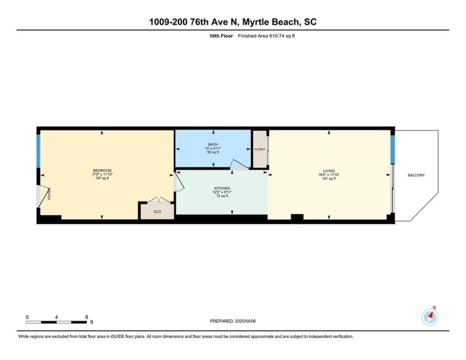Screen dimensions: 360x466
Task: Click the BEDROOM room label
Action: pos(102,170)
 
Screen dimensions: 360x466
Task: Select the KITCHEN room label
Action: pos(222,189)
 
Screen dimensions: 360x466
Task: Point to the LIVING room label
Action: pos(329,170)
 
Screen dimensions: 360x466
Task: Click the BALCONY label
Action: pos(416,175)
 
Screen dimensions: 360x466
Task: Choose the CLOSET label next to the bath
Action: pos(260,149)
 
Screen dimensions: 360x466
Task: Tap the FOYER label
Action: pos(49,194)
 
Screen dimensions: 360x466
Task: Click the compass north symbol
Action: pos(430,317)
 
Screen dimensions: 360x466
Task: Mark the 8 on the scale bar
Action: pos(87,317)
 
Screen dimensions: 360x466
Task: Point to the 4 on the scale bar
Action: pos(57,317)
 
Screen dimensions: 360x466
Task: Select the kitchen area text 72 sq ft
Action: pos(222,196)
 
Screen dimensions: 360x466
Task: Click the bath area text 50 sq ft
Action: pos(214,153)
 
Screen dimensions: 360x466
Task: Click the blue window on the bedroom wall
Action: pos(39,150)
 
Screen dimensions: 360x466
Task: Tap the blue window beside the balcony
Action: pos(392,150)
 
